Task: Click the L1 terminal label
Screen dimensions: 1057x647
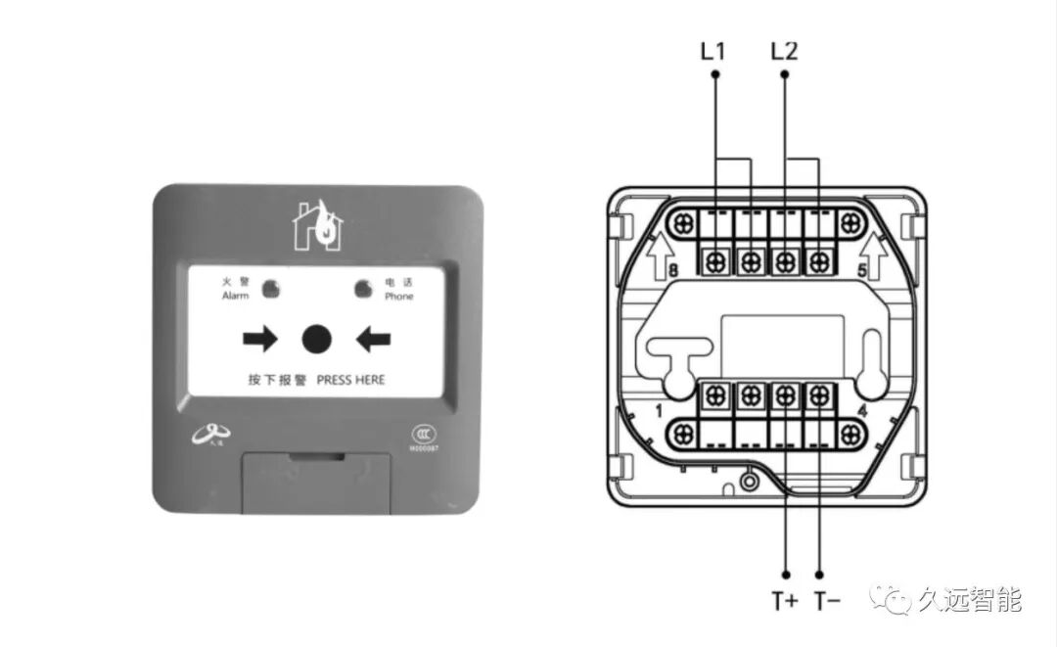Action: tap(713, 51)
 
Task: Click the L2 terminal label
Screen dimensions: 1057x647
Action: tap(784, 51)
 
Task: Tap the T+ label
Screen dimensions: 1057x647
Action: tap(785, 601)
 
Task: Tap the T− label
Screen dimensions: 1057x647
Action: tap(826, 601)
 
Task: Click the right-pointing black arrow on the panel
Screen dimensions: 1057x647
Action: tap(260, 340)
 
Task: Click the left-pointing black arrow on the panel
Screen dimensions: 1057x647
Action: tap(373, 340)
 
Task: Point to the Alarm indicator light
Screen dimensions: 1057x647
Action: tap(270, 288)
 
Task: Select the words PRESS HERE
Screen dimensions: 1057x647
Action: tap(350, 380)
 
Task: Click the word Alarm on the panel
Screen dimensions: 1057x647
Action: tap(236, 296)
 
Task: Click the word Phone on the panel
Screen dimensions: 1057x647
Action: tap(398, 296)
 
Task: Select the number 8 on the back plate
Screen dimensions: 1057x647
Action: tap(672, 271)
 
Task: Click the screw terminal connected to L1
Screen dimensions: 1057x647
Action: tap(715, 260)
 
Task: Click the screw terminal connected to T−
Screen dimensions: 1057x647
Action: tap(819, 394)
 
